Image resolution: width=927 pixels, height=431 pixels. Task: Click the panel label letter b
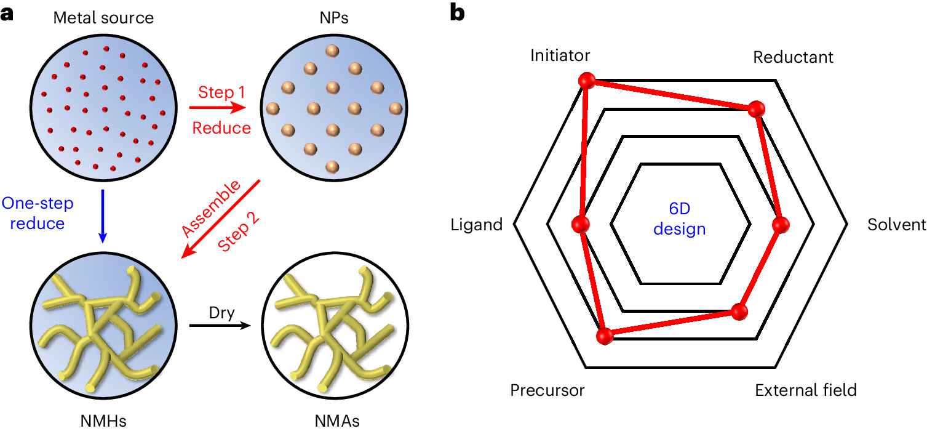point(458,14)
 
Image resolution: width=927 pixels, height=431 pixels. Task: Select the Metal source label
point(103,18)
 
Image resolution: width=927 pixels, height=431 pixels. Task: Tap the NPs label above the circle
point(333,18)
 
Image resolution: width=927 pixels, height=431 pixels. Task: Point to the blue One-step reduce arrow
point(103,216)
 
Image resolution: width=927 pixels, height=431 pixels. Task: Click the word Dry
point(221,313)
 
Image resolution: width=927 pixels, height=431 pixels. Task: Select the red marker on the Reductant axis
point(756,109)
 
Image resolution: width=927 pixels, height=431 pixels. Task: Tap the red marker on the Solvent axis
point(780,225)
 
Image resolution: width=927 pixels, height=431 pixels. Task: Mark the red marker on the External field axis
point(741,312)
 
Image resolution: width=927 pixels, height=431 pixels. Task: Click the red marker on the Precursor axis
point(605,336)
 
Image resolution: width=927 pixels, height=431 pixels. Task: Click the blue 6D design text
point(679,220)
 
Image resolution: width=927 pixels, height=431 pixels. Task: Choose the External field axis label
point(805,390)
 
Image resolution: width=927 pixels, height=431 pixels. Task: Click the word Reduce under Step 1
point(221,128)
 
